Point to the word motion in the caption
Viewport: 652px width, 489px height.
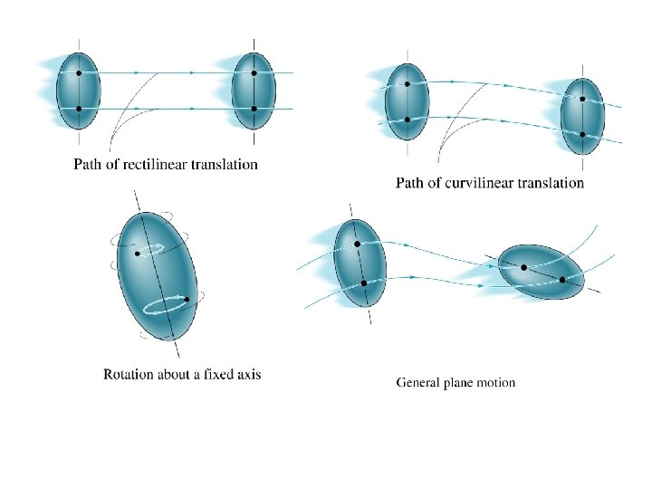point(494,382)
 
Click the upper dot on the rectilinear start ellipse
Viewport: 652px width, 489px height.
point(79,72)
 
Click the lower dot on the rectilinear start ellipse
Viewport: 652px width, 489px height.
point(79,109)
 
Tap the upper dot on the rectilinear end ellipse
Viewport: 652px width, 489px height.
point(254,72)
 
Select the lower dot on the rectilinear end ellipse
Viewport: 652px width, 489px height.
point(254,109)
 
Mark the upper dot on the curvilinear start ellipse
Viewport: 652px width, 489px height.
point(407,84)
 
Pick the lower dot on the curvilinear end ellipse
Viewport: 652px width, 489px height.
point(582,135)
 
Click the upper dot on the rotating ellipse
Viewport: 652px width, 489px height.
point(138,254)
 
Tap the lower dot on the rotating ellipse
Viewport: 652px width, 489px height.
point(186,299)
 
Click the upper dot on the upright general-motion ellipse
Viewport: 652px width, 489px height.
point(357,244)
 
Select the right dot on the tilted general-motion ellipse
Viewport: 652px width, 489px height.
point(562,280)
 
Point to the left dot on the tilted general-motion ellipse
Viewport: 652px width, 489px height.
point(524,267)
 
